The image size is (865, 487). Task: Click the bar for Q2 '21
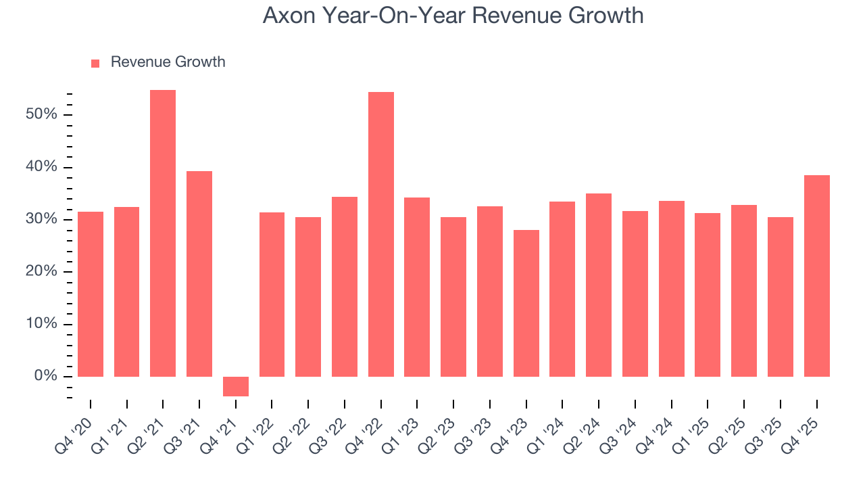pos(163,233)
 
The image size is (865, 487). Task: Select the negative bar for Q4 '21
pos(236,386)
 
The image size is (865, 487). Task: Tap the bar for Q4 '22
pos(381,234)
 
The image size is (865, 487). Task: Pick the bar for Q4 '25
pos(816,276)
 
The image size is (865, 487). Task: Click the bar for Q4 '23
pos(526,303)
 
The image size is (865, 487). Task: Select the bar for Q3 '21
pos(199,274)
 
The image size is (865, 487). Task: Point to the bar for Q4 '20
pos(91,294)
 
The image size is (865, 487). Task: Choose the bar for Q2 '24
pos(599,285)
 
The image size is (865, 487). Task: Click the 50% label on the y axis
pos(41,114)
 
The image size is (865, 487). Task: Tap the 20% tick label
pos(41,272)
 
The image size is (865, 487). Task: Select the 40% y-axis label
pos(41,167)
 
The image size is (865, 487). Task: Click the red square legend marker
pos(95,63)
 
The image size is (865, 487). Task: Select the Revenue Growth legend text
pos(168,62)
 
